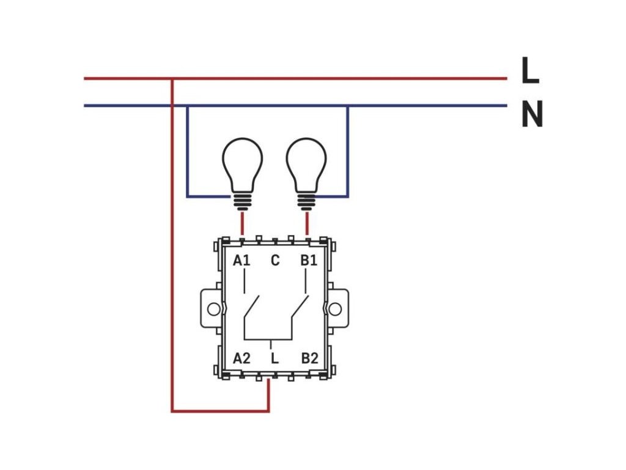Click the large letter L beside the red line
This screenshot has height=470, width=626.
coord(531,70)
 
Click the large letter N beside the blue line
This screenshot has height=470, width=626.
coord(532,114)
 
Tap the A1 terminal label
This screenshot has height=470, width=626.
coord(241,261)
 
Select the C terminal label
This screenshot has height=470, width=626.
coord(275,261)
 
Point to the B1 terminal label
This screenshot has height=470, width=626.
coord(309,261)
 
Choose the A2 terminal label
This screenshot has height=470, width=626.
coord(241,359)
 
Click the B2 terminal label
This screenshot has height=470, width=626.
coord(310,359)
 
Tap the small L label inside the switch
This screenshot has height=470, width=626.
coord(274,359)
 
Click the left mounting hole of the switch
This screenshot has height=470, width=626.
coord(214,309)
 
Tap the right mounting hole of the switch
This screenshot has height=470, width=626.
coord(335,309)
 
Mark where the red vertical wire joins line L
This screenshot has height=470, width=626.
coord(172,79)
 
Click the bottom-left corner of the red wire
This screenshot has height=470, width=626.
coord(172,411)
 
